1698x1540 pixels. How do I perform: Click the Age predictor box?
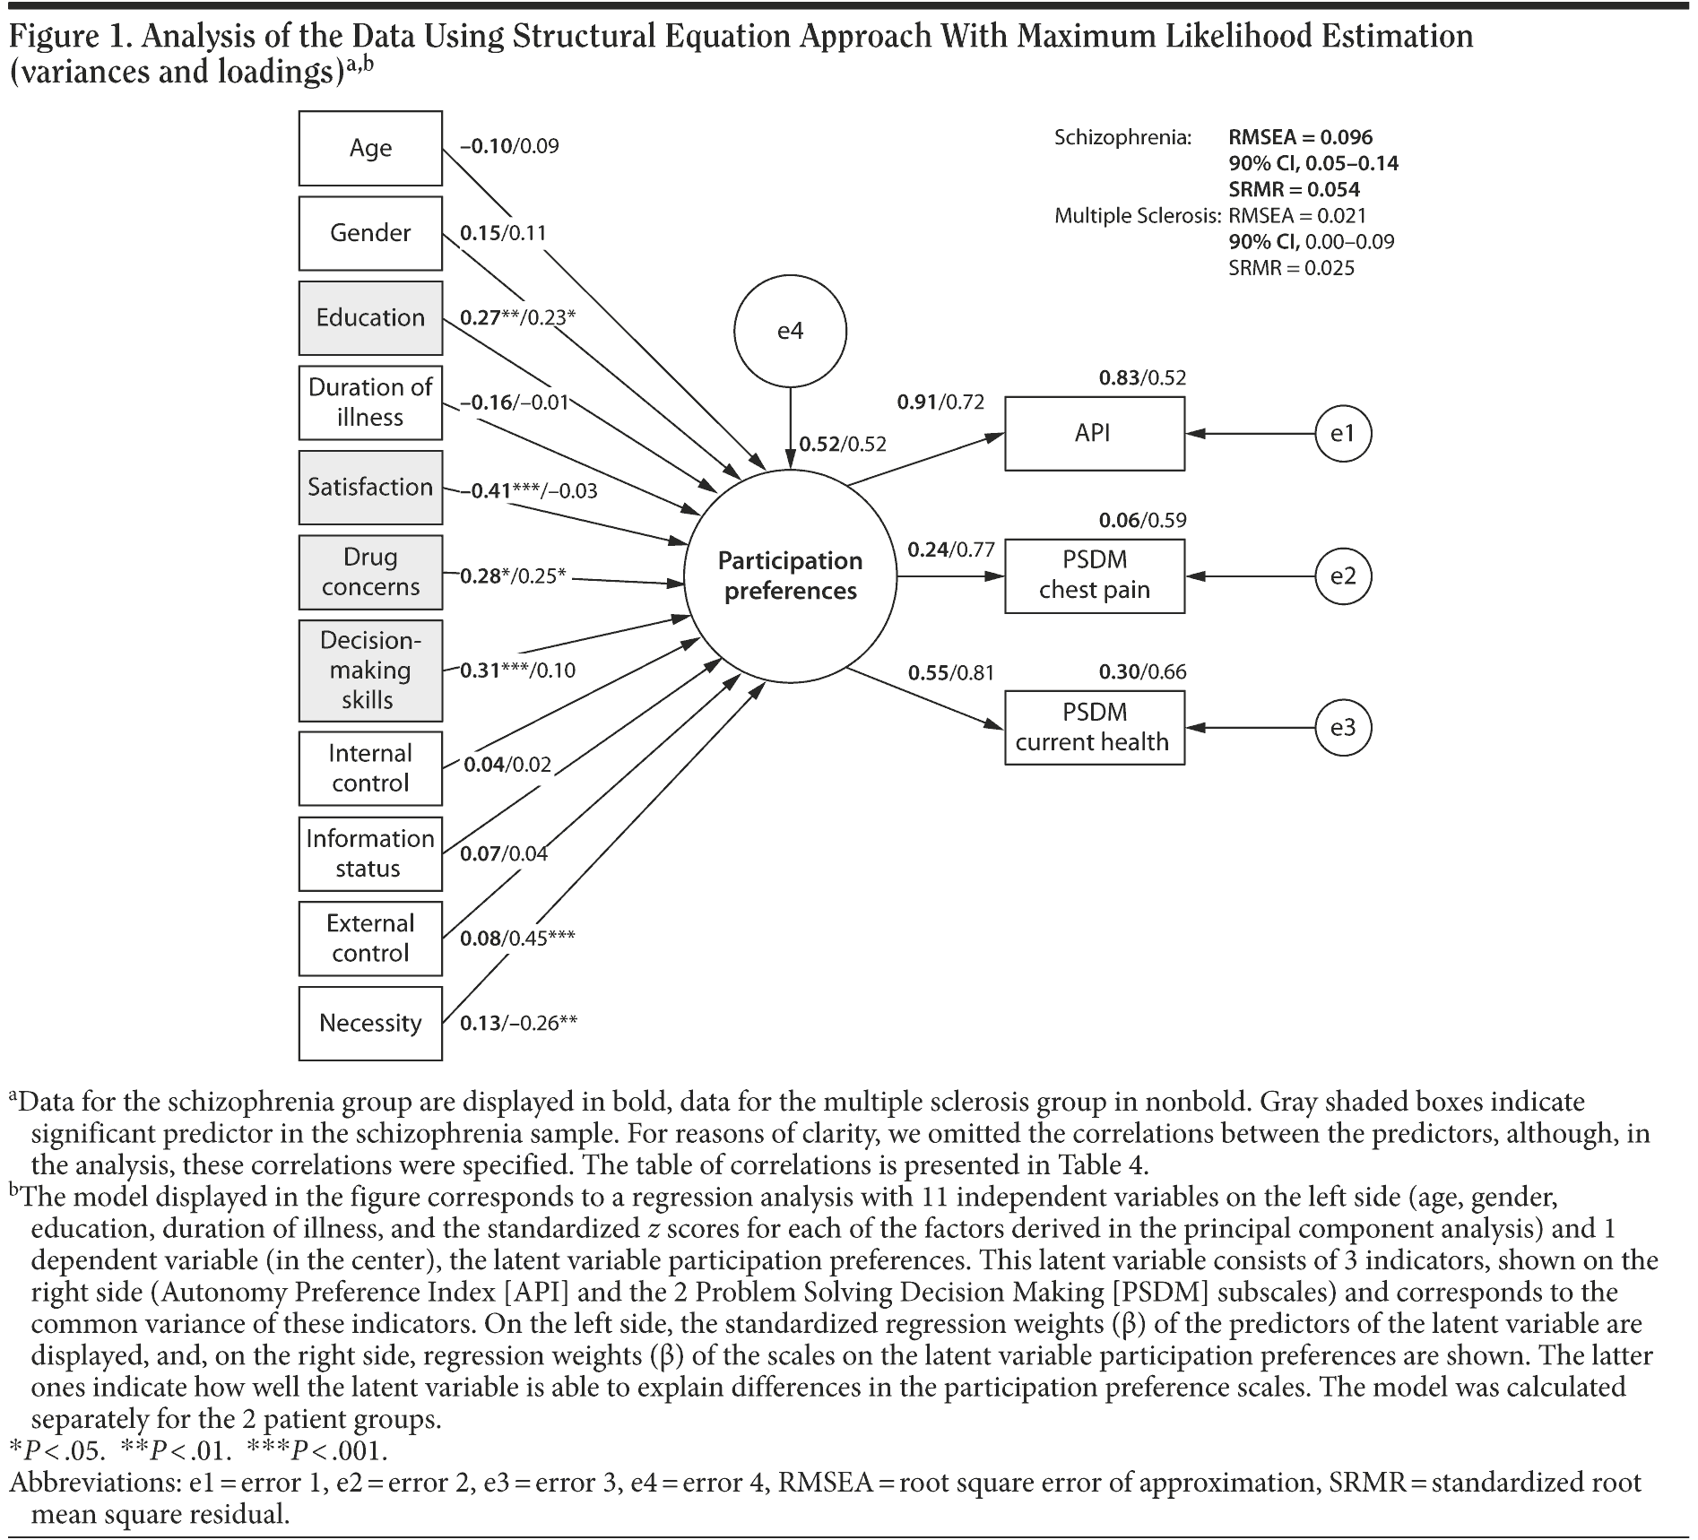(370, 148)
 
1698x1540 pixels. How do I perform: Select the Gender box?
(370, 233)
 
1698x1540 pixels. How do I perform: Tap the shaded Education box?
(370, 317)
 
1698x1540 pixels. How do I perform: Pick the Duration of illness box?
(370, 402)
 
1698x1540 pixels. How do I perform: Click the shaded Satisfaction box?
(370, 487)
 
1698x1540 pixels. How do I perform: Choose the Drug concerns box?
(370, 572)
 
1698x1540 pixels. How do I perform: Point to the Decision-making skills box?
(370, 671)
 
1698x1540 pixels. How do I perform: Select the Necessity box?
(370, 1023)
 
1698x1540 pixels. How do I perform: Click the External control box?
(370, 938)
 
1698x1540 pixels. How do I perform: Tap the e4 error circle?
(790, 332)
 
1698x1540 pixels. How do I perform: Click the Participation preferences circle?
(790, 575)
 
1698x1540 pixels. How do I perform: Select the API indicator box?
(1094, 434)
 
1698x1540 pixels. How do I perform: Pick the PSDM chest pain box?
(1094, 575)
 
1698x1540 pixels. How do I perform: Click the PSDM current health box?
(1094, 727)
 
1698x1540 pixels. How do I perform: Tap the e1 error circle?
(1342, 434)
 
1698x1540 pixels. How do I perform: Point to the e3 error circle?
(1342, 727)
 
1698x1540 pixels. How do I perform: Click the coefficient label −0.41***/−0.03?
(529, 491)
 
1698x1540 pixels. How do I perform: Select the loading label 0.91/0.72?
(940, 402)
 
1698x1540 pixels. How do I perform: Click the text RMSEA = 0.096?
(1300, 137)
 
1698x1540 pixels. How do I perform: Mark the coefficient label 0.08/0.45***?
(517, 939)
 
